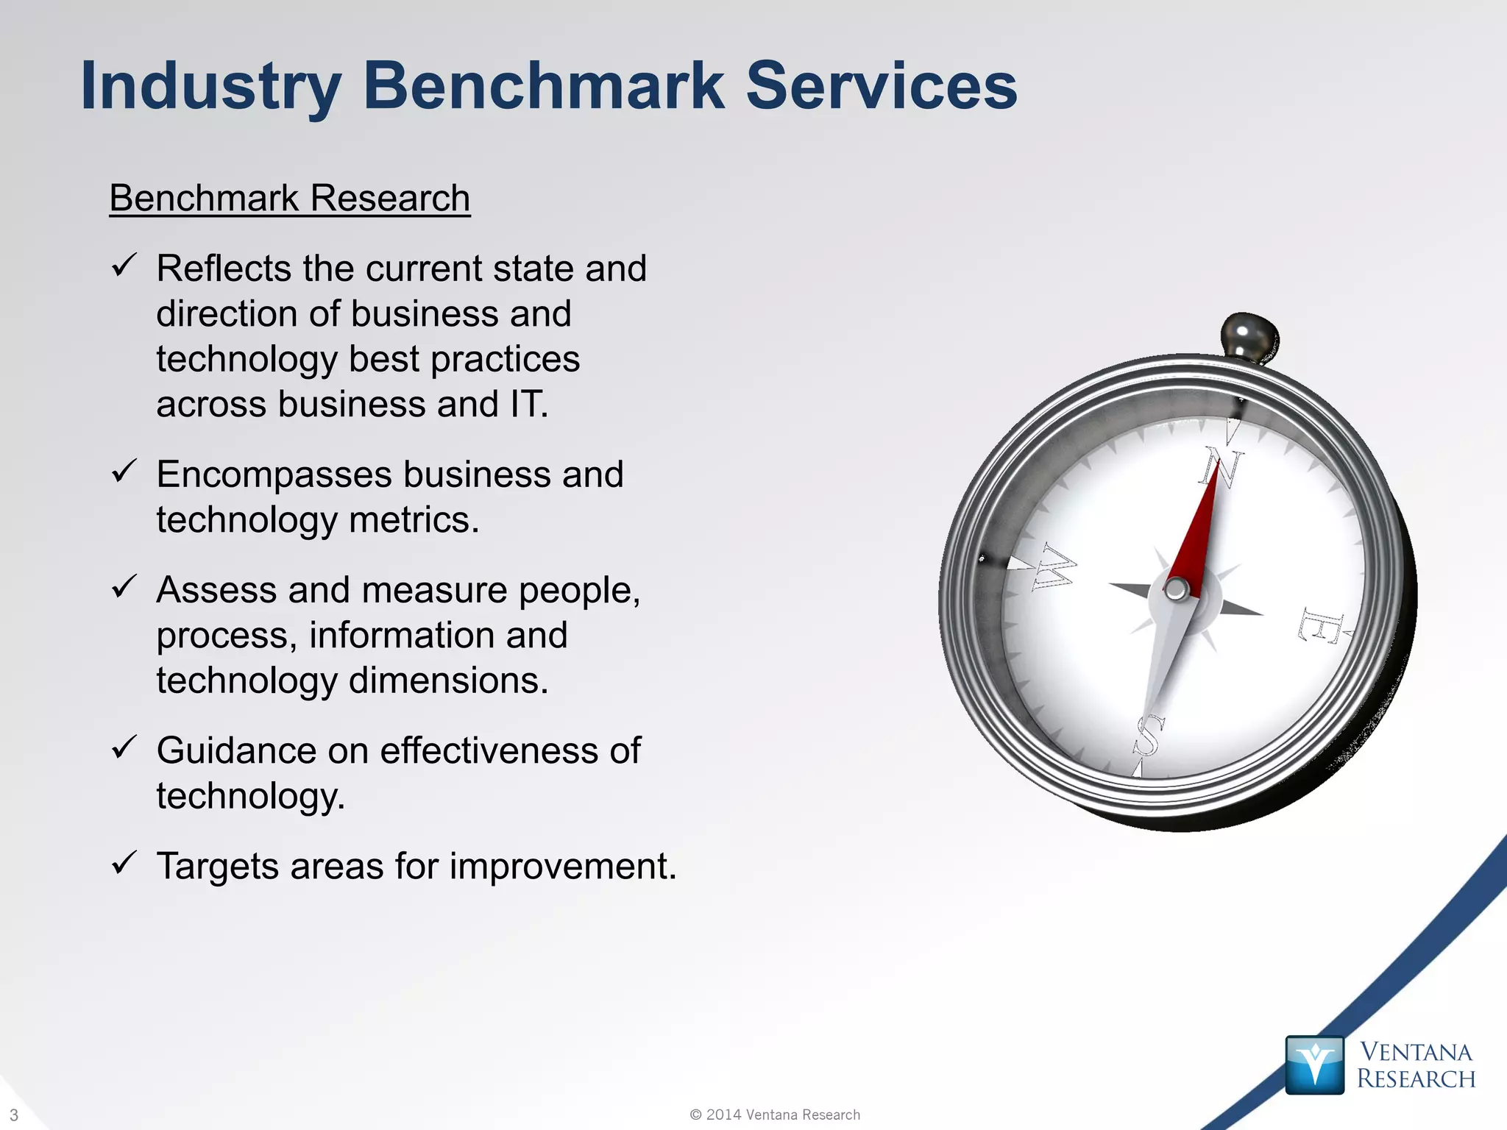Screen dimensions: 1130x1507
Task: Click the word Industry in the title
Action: pyautogui.click(x=210, y=87)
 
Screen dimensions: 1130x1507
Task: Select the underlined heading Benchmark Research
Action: pyautogui.click(x=290, y=199)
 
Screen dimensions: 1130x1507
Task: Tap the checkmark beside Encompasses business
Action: pyautogui.click(x=124, y=471)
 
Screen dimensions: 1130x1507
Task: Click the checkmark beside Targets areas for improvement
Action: pyautogui.click(x=124, y=862)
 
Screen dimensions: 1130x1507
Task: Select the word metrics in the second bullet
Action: pyautogui.click(x=414, y=520)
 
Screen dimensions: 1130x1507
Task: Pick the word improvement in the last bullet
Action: pyautogui.click(x=562, y=867)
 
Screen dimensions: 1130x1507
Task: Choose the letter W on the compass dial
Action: pyautogui.click(x=1052, y=567)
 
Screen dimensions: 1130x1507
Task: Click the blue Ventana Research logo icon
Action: pyautogui.click(x=1314, y=1065)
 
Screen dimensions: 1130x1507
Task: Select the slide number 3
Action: pyautogui.click(x=14, y=1115)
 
